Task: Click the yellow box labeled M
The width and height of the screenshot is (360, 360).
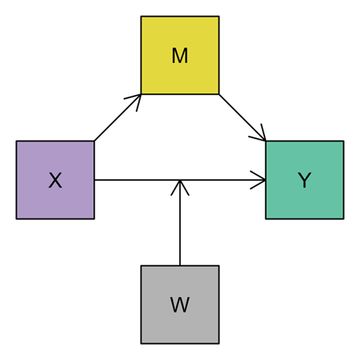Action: pos(180,55)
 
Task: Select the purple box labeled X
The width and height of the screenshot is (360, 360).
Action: pos(55,180)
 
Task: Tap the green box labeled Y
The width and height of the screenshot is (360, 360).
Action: pos(305,180)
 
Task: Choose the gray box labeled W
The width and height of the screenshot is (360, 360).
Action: pos(180,305)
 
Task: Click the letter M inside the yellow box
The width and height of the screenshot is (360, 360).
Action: pos(180,55)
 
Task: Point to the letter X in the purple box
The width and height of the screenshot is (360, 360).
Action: pos(55,180)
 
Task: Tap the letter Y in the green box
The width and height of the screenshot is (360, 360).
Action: pos(305,180)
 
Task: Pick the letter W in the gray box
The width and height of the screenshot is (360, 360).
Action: pos(180,305)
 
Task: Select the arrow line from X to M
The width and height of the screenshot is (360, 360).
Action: pos(118,117)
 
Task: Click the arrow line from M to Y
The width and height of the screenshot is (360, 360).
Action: pos(243,117)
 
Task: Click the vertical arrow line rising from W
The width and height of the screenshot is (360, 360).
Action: pos(180,223)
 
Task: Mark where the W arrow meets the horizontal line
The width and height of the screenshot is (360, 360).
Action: pos(180,180)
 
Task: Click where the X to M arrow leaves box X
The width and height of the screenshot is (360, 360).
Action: pos(95,141)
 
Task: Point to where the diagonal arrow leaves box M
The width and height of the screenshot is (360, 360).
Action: pos(219,94)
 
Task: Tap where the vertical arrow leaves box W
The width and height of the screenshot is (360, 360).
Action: pos(180,265)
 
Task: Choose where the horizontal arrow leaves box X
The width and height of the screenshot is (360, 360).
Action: pos(95,180)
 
